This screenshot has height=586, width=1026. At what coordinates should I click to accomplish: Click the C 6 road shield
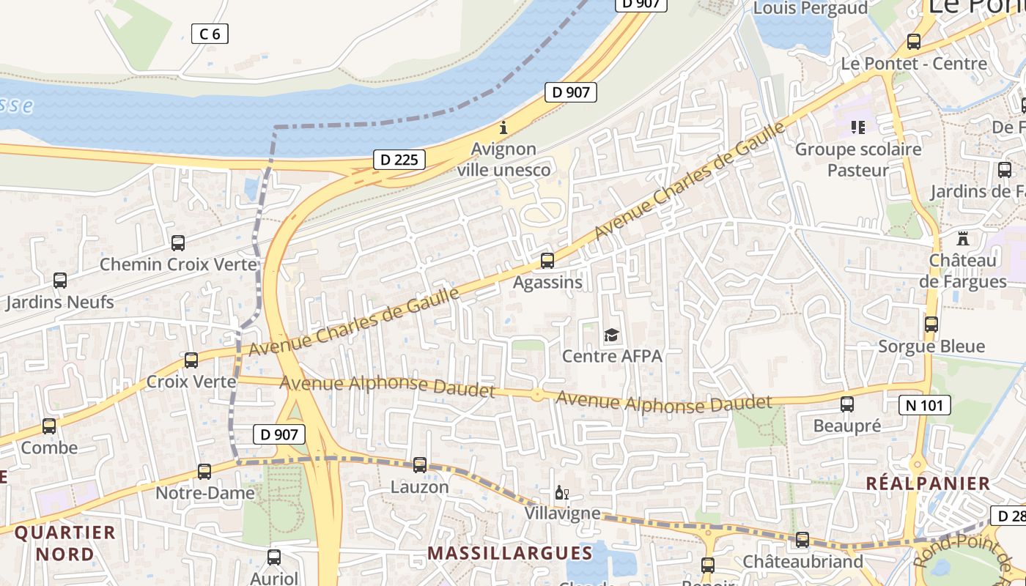tap(210, 33)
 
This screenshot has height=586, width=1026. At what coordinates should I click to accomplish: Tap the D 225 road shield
tap(399, 159)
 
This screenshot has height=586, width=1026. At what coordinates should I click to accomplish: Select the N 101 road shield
tap(925, 405)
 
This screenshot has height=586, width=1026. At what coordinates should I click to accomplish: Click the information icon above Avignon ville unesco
tap(503, 127)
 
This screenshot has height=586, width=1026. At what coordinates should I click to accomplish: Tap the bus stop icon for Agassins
tap(547, 260)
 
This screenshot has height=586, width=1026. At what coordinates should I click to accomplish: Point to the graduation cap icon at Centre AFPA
tap(611, 335)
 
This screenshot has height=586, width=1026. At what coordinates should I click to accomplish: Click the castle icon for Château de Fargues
tap(962, 239)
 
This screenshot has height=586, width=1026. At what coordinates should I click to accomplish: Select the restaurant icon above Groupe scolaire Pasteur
tap(858, 127)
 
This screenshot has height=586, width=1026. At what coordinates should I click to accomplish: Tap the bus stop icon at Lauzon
tap(420, 464)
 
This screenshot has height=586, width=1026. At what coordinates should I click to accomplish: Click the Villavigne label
tap(562, 513)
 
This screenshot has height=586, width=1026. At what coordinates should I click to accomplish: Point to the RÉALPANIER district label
tap(928, 483)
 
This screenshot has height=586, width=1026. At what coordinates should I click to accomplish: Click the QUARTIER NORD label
tap(65, 543)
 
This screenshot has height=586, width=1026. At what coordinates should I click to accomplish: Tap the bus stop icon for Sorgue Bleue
tap(931, 324)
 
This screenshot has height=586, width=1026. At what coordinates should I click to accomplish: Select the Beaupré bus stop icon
tap(847, 404)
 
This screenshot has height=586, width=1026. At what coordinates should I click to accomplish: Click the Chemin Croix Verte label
tap(179, 264)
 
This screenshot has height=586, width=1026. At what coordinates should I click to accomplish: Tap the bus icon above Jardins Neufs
tap(60, 280)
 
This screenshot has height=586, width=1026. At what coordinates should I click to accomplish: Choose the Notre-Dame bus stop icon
tap(204, 471)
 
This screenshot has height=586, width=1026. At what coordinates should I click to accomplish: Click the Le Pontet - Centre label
tap(914, 64)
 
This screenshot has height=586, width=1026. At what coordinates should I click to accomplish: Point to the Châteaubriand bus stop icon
tap(802, 540)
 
